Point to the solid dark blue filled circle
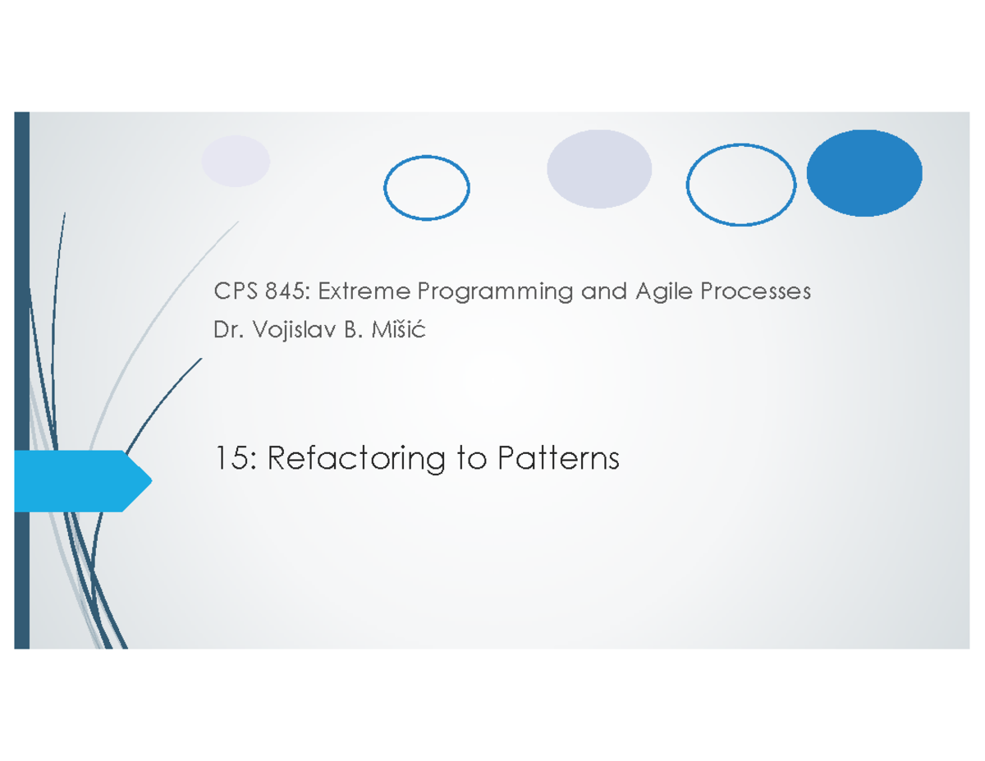[x=864, y=173]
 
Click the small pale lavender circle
[x=236, y=161]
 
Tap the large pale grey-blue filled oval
[x=599, y=169]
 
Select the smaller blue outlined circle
[x=427, y=188]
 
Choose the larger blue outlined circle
[x=741, y=185]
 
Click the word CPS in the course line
[x=232, y=291]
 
